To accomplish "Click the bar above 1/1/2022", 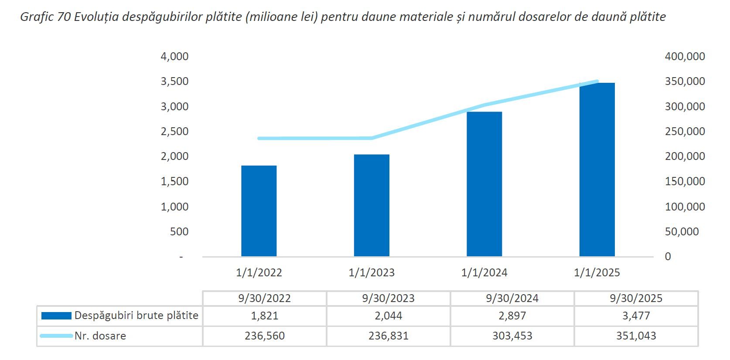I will pos(259,211).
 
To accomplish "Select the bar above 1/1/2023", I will pos(372,205).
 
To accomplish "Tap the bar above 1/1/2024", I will pos(484,184).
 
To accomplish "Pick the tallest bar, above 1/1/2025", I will pos(597,170).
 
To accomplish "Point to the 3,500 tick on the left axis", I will pos(174,82).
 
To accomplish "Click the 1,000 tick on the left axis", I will pos(174,207).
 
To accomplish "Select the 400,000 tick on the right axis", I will pos(685,56).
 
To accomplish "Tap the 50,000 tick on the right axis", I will pos(682,232).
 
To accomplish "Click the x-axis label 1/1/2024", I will pos(484,273).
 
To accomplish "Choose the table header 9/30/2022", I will pos(264,299).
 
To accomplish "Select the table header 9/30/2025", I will pos(636,299).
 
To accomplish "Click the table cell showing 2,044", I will pos(388,316).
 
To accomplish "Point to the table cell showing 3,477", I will pos(636,316).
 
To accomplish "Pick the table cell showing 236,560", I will pos(264,336).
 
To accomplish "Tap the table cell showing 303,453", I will pos(512,336).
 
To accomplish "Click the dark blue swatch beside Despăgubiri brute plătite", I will pos(56,316).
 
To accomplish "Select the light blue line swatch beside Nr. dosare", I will pos(56,336).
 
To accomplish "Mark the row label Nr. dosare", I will pos(100,336).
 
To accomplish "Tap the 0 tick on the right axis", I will pos(668,257).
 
